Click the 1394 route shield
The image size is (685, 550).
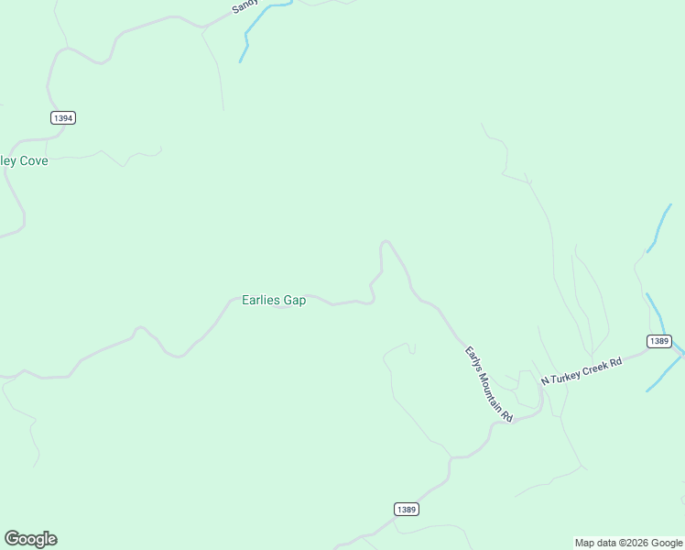point(63,117)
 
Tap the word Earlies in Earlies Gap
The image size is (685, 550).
point(260,300)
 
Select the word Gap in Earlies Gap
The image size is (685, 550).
point(294,301)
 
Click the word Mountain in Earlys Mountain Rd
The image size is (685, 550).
point(491,386)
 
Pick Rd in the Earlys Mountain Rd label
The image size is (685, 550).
point(506,412)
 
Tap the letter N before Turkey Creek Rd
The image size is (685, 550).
point(544,380)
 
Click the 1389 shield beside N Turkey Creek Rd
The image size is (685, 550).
point(658,341)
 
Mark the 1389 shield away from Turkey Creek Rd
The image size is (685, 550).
point(407,509)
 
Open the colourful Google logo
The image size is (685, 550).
point(30,539)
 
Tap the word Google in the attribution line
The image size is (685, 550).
point(668,543)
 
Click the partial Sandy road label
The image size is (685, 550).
point(244,5)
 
